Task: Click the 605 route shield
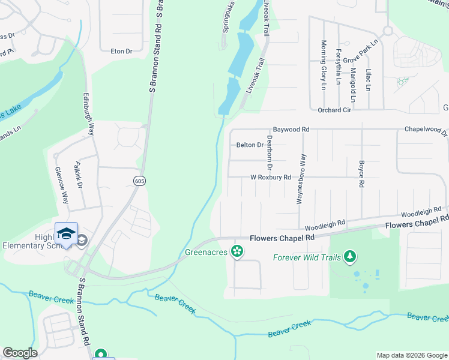point(139,181)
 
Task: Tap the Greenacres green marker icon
point(238,251)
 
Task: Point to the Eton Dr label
point(121,52)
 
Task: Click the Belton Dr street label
point(250,145)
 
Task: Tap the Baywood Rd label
point(291,129)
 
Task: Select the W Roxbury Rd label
point(270,178)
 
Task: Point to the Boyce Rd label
point(361,175)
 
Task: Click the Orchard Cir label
point(333,110)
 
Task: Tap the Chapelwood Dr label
point(426,129)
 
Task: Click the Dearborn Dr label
point(270,152)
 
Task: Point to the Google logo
point(20,353)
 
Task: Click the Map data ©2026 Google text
point(411,355)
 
